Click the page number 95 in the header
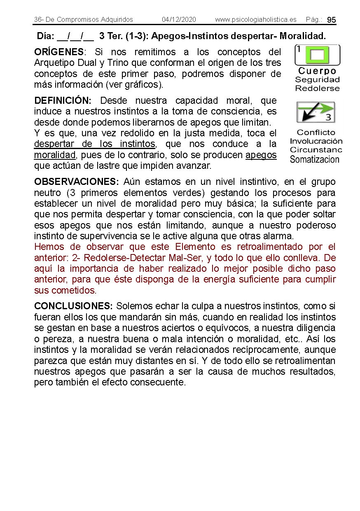[x=332, y=20]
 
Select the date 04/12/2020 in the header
[x=179, y=20]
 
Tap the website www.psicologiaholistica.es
[x=255, y=20]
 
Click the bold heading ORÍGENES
[x=59, y=52]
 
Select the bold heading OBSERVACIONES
[x=77, y=182]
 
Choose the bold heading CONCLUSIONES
[x=73, y=306]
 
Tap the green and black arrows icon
[x=316, y=112]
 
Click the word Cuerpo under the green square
[x=317, y=71]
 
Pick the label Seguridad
[x=317, y=80]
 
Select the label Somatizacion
[x=315, y=159]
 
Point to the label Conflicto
[x=316, y=133]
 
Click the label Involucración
[x=316, y=141]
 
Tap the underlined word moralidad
[x=55, y=155]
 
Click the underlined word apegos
[x=261, y=155]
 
